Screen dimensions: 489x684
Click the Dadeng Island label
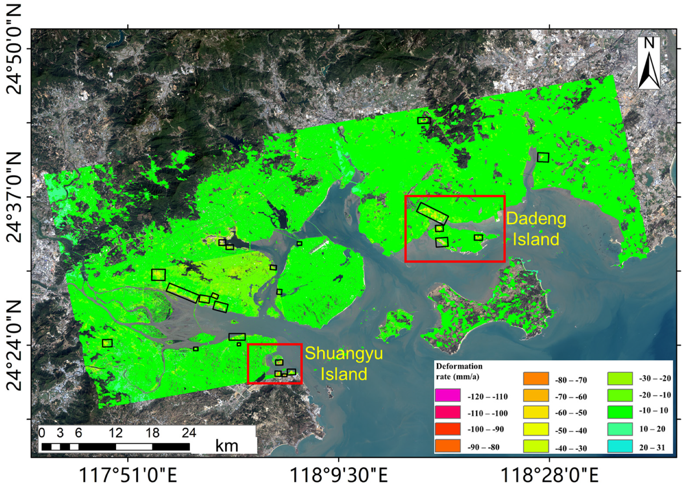tap(536, 229)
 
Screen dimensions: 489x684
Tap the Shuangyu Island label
tap(344, 364)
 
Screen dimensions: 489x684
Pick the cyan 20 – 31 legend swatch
tap(620, 446)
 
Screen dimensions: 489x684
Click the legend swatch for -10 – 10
tap(620, 412)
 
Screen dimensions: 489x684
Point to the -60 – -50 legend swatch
tap(536, 412)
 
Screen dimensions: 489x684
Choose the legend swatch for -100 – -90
tap(447, 429)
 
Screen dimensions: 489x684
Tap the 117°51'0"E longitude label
tap(128, 475)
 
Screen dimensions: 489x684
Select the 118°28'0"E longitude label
tap(549, 475)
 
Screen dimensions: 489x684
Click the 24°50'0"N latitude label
tap(14, 49)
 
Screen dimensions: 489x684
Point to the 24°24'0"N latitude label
tap(14, 345)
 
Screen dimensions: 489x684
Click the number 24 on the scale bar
tap(189, 433)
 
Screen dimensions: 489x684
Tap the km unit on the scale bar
tap(226, 446)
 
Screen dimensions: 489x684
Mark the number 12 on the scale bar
tap(116, 433)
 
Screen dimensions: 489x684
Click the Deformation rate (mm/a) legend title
tap(459, 371)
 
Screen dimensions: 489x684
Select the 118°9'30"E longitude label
tap(339, 475)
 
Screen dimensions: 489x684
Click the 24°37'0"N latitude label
tap(14, 197)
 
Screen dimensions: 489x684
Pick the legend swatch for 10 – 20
tap(620, 429)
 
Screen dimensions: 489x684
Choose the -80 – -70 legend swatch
tap(536, 379)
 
